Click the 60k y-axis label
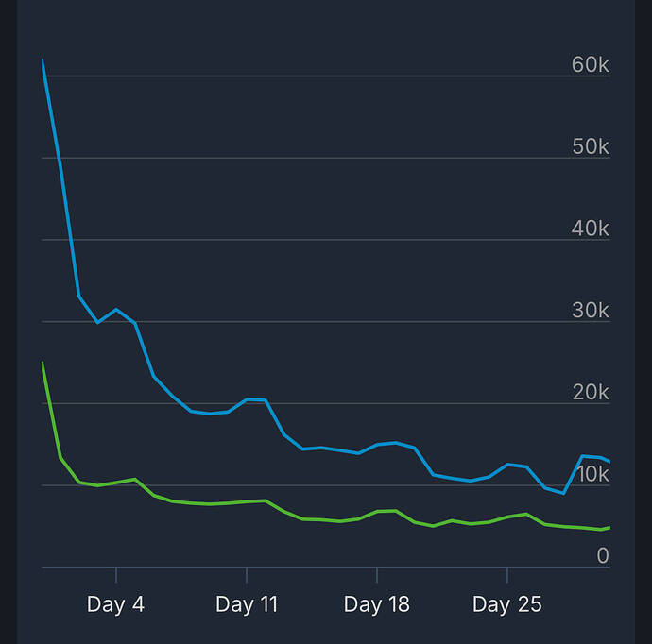pyautogui.click(x=590, y=65)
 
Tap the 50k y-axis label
pyautogui.click(x=590, y=147)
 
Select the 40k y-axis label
pyautogui.click(x=590, y=229)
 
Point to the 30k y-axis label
pyautogui.click(x=590, y=311)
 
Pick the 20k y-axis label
pyautogui.click(x=590, y=393)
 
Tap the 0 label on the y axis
pyautogui.click(x=602, y=556)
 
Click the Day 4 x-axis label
pyautogui.click(x=115, y=604)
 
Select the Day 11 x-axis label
pyautogui.click(x=247, y=604)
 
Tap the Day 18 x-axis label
pyautogui.click(x=376, y=604)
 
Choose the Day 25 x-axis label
pyautogui.click(x=506, y=604)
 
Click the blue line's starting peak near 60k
pyautogui.click(x=43, y=60)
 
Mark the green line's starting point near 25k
pyautogui.click(x=43, y=363)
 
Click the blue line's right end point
pyautogui.click(x=609, y=461)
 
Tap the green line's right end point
pyautogui.click(x=609, y=527)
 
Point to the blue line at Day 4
pyautogui.click(x=116, y=310)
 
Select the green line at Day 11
pyautogui.click(x=247, y=501)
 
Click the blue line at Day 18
pyautogui.click(x=377, y=444)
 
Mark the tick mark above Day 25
pyautogui.click(x=507, y=574)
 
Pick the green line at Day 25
pyautogui.click(x=507, y=517)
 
